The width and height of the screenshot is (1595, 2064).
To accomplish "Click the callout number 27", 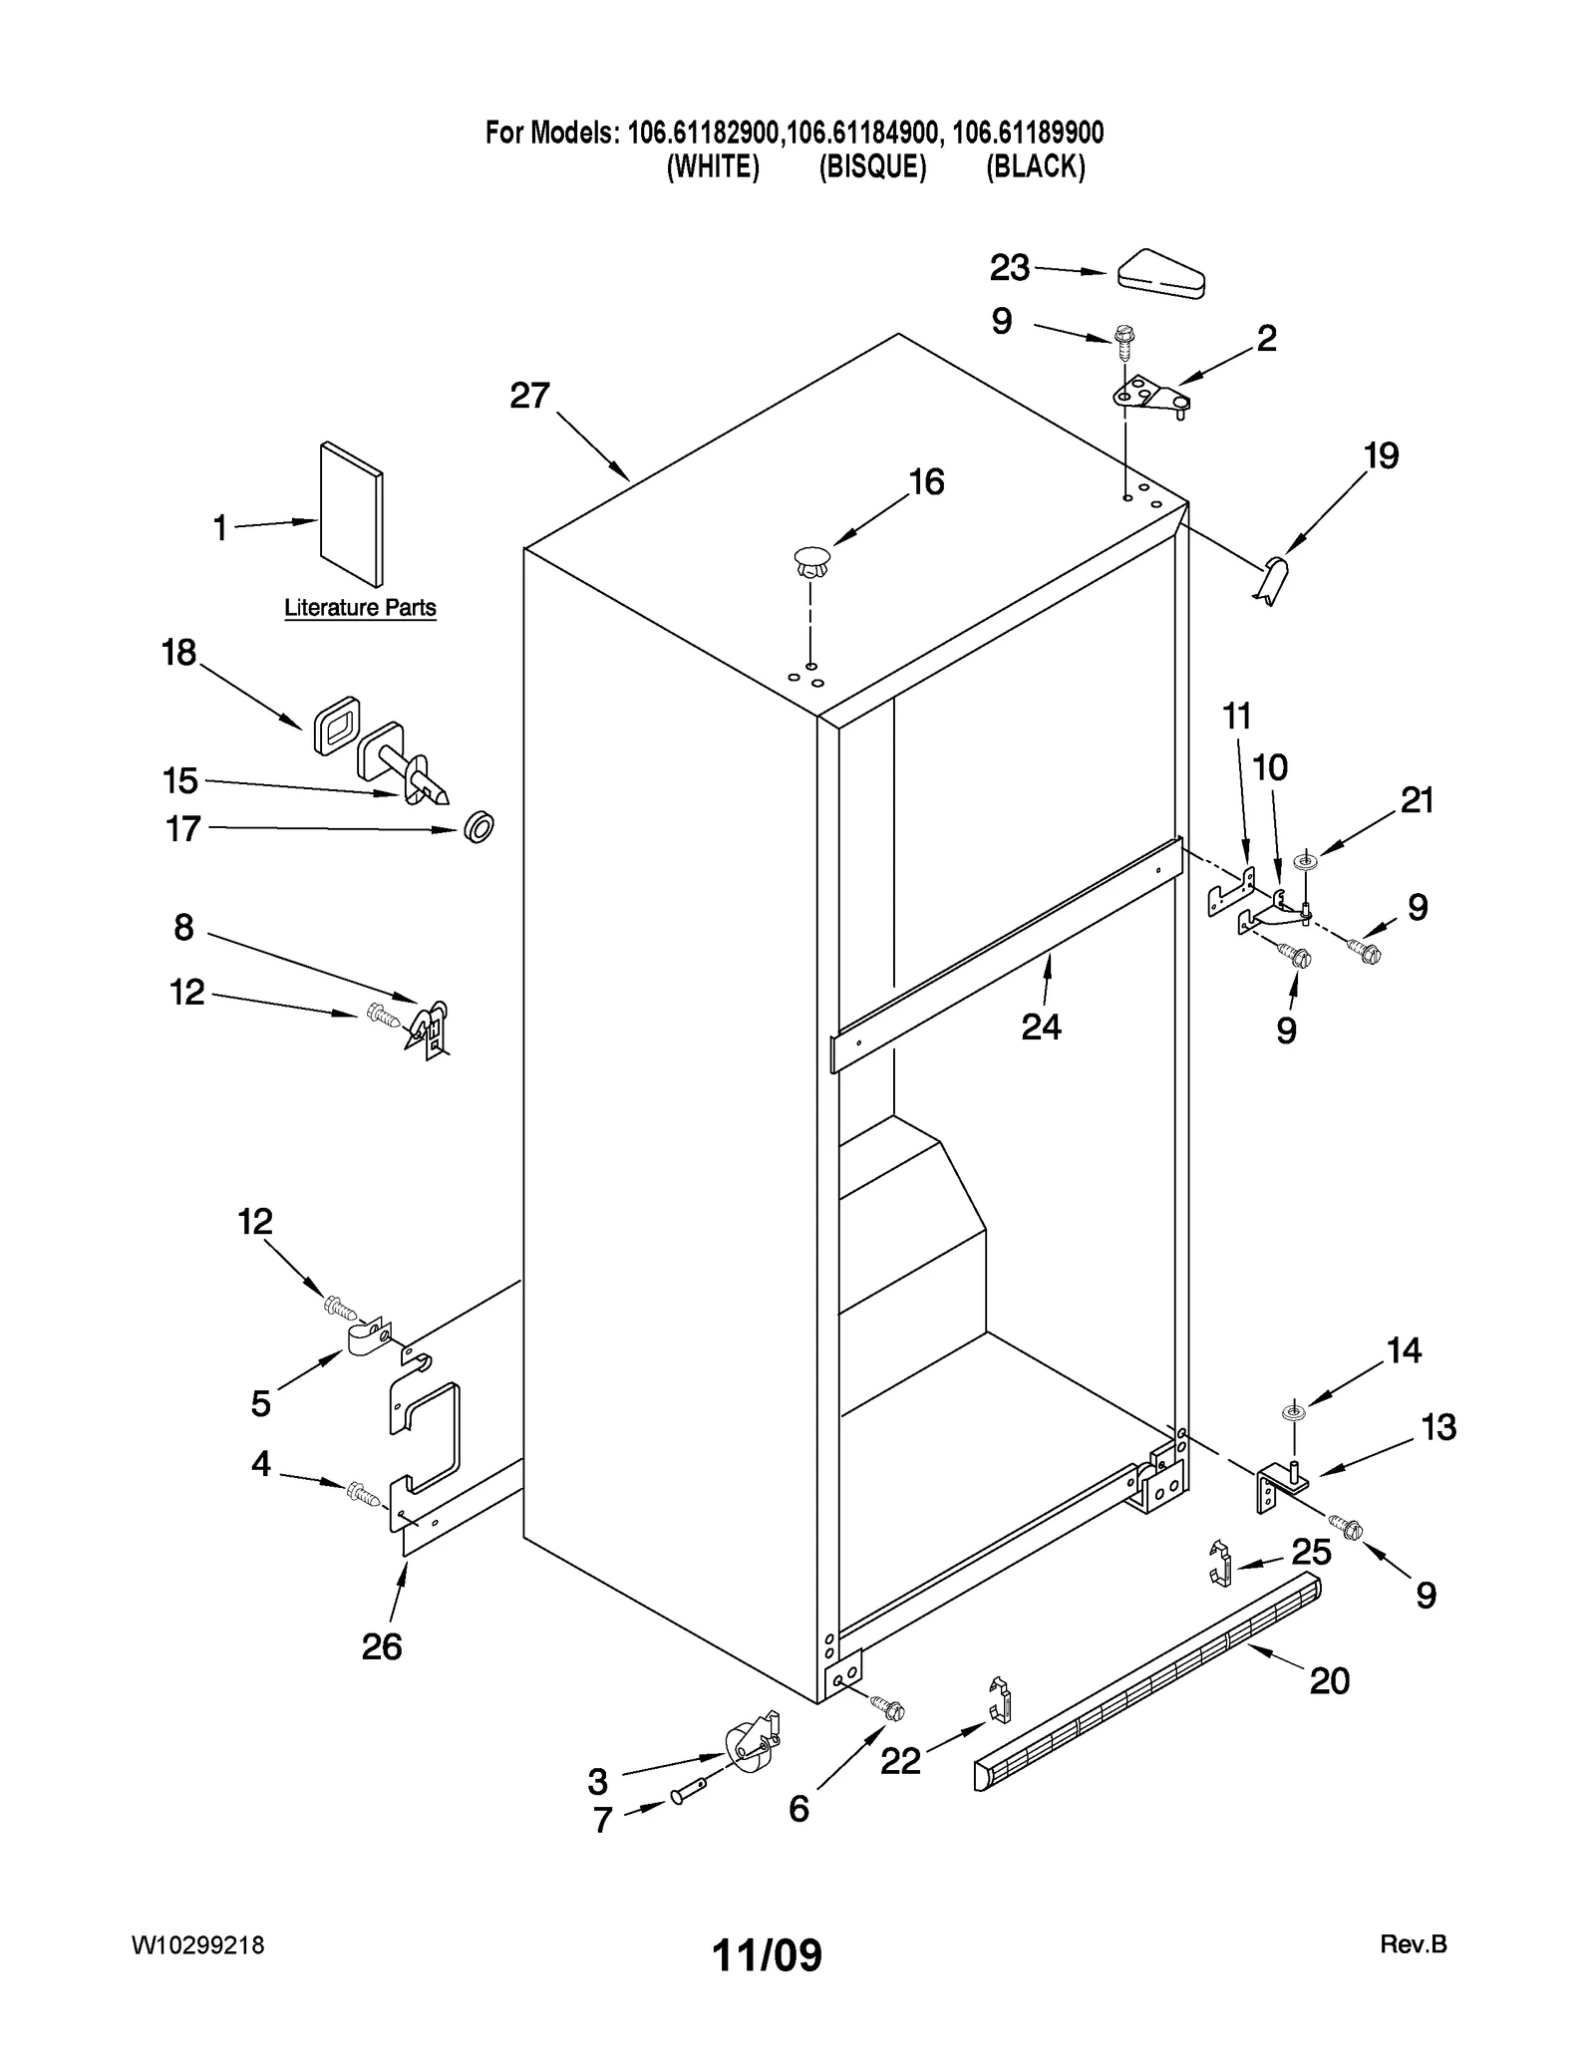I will point(529,396).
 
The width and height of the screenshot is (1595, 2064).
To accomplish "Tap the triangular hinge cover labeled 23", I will point(1161,273).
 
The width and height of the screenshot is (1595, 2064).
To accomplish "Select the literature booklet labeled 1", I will point(351,514).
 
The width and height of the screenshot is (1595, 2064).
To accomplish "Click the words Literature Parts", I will point(360,608).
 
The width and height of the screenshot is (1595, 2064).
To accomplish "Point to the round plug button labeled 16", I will point(811,560).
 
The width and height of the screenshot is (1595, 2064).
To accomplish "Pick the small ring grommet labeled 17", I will point(479,826).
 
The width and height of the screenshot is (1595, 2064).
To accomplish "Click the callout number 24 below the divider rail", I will point(1041,1026).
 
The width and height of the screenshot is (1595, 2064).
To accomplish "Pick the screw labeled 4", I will point(363,1493).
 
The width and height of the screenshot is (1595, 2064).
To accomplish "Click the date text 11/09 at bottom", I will point(767,1955).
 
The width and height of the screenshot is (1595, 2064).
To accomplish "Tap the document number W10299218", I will point(197,1945).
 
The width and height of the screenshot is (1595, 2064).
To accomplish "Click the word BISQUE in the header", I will point(872,166).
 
